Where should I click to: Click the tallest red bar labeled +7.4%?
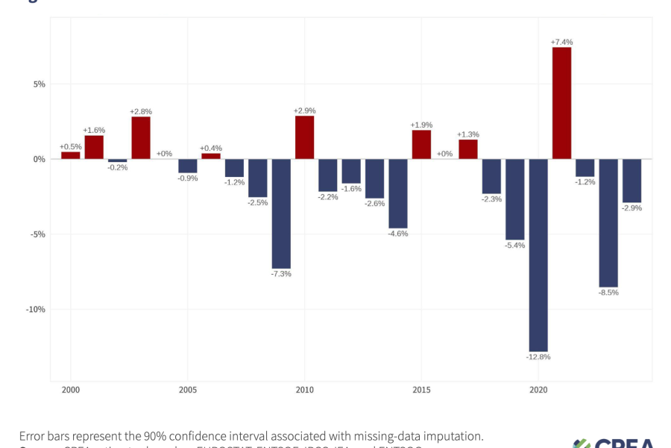(561, 103)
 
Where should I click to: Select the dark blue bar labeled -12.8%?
(538, 255)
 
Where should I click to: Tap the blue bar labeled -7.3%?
(281, 214)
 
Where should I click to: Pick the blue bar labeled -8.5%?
(608, 223)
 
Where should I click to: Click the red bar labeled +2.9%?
(304, 137)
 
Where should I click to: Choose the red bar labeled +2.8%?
(141, 138)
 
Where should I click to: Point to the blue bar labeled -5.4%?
(515, 199)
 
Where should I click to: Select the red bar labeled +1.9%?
(421, 145)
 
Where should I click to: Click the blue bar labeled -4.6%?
(398, 193)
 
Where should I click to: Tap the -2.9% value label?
(632, 208)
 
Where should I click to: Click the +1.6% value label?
(94, 130)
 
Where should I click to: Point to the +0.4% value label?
(211, 148)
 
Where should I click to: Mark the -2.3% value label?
(491, 199)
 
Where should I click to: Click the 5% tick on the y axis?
(38, 84)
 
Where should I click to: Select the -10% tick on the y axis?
(35, 310)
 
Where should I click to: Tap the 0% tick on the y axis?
(38, 159)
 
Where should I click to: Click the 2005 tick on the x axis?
(188, 391)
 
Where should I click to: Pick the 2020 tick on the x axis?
(538, 391)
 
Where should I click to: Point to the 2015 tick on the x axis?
(421, 391)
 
